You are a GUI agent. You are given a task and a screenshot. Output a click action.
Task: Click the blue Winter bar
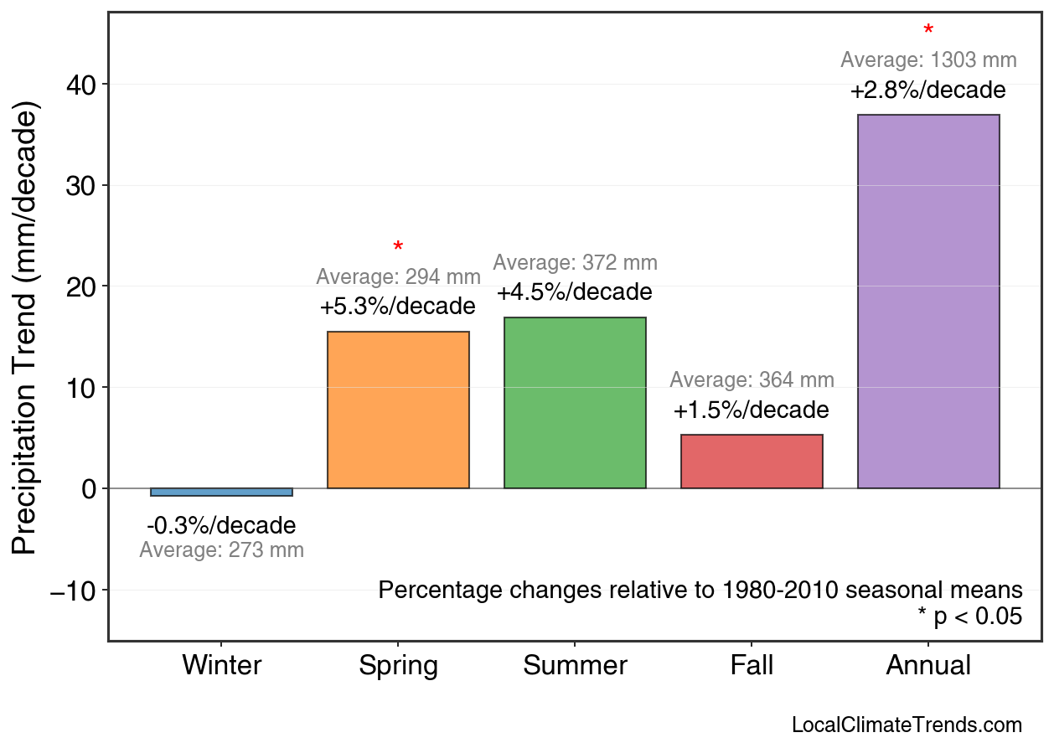pos(221,493)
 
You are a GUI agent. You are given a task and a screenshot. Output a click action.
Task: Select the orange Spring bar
pos(398,410)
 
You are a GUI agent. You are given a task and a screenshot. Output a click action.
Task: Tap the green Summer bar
pos(575,403)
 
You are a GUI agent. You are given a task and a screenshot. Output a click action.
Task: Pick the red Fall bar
pos(752,462)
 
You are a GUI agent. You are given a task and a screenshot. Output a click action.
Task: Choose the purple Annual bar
pos(928,302)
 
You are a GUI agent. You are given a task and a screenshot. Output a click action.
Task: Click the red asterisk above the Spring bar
pos(398,247)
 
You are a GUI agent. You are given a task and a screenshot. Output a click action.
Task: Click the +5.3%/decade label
pos(398,307)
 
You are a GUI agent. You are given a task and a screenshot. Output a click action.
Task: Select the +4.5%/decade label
pos(575,292)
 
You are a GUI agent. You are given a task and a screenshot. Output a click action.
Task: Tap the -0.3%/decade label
pos(221,526)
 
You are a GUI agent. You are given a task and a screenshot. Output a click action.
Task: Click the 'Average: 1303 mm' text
pos(928,60)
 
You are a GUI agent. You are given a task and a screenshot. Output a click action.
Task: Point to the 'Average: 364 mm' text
pos(752,380)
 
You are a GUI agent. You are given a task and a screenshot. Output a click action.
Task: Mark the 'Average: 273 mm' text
pos(221,550)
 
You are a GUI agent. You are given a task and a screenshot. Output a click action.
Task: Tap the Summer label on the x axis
pos(575,666)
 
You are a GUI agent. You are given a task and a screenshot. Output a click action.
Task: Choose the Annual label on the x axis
pos(928,666)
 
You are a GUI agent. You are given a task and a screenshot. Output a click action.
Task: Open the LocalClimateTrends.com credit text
pos(907,725)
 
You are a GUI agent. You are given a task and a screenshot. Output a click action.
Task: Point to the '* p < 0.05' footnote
pos(969,616)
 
